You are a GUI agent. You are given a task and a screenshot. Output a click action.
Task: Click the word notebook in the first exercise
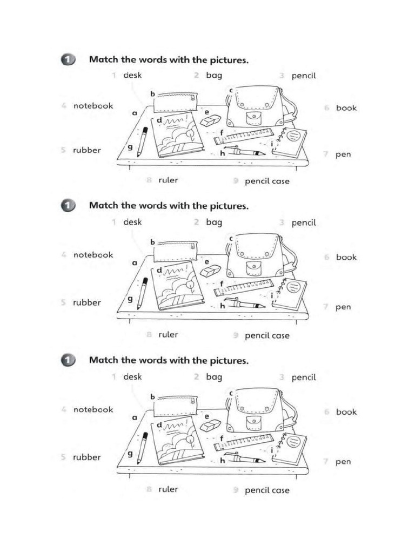(93, 106)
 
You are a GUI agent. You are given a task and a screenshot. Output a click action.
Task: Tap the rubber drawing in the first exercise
(211, 121)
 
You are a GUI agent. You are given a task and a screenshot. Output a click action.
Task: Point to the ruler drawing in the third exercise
(244, 441)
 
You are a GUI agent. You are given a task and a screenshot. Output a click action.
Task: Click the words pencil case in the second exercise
(267, 335)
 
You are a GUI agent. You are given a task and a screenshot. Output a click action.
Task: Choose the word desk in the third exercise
(132, 377)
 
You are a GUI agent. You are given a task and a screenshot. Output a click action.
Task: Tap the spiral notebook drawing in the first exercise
(290, 143)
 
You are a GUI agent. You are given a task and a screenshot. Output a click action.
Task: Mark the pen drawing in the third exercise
(245, 459)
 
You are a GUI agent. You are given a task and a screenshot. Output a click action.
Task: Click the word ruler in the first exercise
(168, 180)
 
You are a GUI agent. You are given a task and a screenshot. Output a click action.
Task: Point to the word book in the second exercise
(346, 257)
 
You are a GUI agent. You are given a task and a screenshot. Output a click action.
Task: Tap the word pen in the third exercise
(343, 462)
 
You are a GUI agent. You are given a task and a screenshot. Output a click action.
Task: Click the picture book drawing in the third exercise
(178, 441)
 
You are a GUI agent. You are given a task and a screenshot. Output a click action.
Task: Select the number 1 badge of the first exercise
(68, 60)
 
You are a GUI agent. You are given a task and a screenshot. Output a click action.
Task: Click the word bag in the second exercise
(214, 222)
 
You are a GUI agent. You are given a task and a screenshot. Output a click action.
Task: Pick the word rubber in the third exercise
(87, 457)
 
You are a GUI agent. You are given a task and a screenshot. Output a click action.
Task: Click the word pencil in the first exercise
(304, 76)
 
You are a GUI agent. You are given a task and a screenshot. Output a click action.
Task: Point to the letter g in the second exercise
(130, 299)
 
